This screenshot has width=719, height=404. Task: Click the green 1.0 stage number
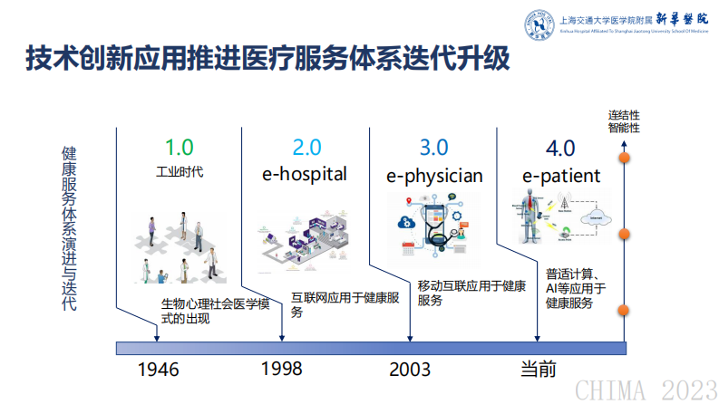pyautogui.click(x=179, y=147)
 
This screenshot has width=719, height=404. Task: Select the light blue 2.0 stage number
pyautogui.click(x=306, y=147)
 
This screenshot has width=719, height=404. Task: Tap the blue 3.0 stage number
pyautogui.click(x=433, y=147)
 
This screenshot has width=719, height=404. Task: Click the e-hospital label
pyautogui.click(x=306, y=174)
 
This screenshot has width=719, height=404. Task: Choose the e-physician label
pyautogui.click(x=434, y=175)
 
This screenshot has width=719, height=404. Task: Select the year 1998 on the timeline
pyautogui.click(x=281, y=369)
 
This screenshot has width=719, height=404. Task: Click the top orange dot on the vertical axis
pyautogui.click(x=624, y=158)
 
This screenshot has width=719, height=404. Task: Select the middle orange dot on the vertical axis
pyautogui.click(x=624, y=235)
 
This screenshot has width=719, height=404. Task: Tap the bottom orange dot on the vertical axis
pyautogui.click(x=624, y=311)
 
